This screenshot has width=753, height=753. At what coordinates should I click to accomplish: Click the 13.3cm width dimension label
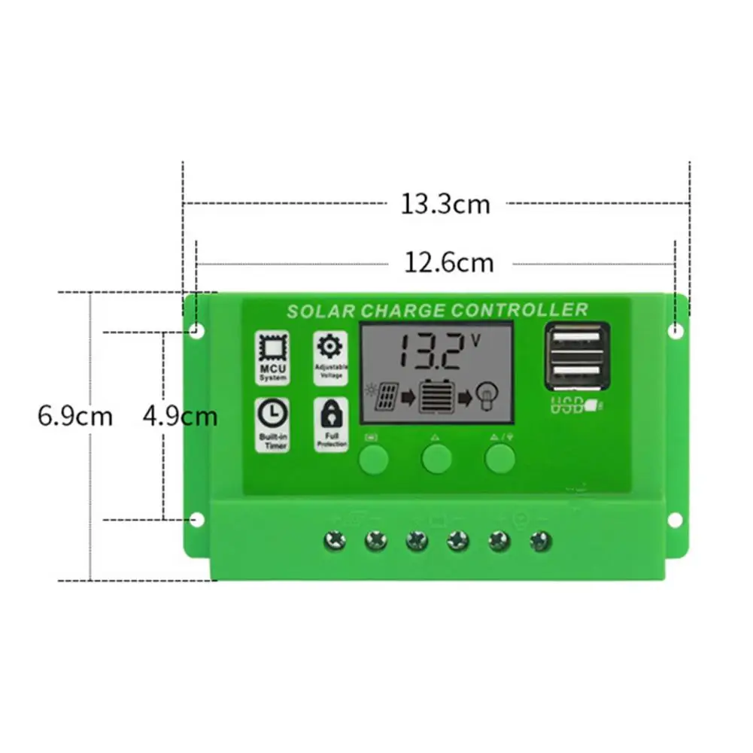point(445,204)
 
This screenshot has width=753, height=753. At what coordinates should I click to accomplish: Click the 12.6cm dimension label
point(449,263)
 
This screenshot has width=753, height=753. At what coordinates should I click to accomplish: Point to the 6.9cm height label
point(74,416)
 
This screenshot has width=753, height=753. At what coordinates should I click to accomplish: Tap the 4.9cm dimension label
point(180,416)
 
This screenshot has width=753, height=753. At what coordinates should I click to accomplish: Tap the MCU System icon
point(272,358)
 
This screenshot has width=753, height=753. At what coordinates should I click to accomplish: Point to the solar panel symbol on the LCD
point(385,396)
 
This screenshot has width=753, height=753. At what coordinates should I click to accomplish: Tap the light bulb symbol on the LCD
point(489,396)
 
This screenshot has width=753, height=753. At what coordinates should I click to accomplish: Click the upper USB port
point(575,338)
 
